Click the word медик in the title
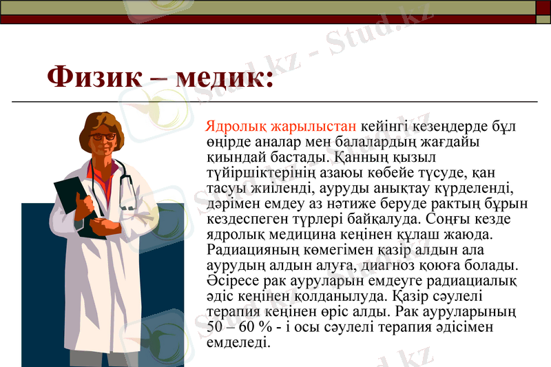point(220,77)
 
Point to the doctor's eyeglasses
point(103,137)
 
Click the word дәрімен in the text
point(229,204)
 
